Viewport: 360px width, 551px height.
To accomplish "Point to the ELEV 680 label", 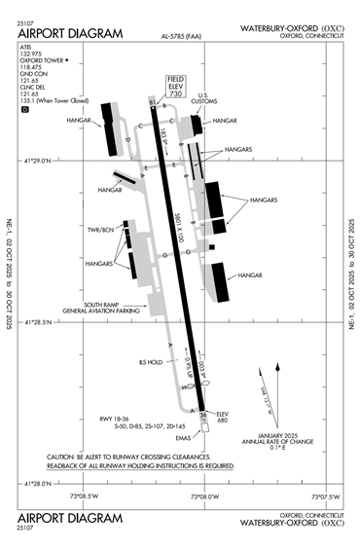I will pyautogui.click(x=223, y=418).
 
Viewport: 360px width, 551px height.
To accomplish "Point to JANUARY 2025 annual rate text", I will pyautogui.click(x=276, y=433).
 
